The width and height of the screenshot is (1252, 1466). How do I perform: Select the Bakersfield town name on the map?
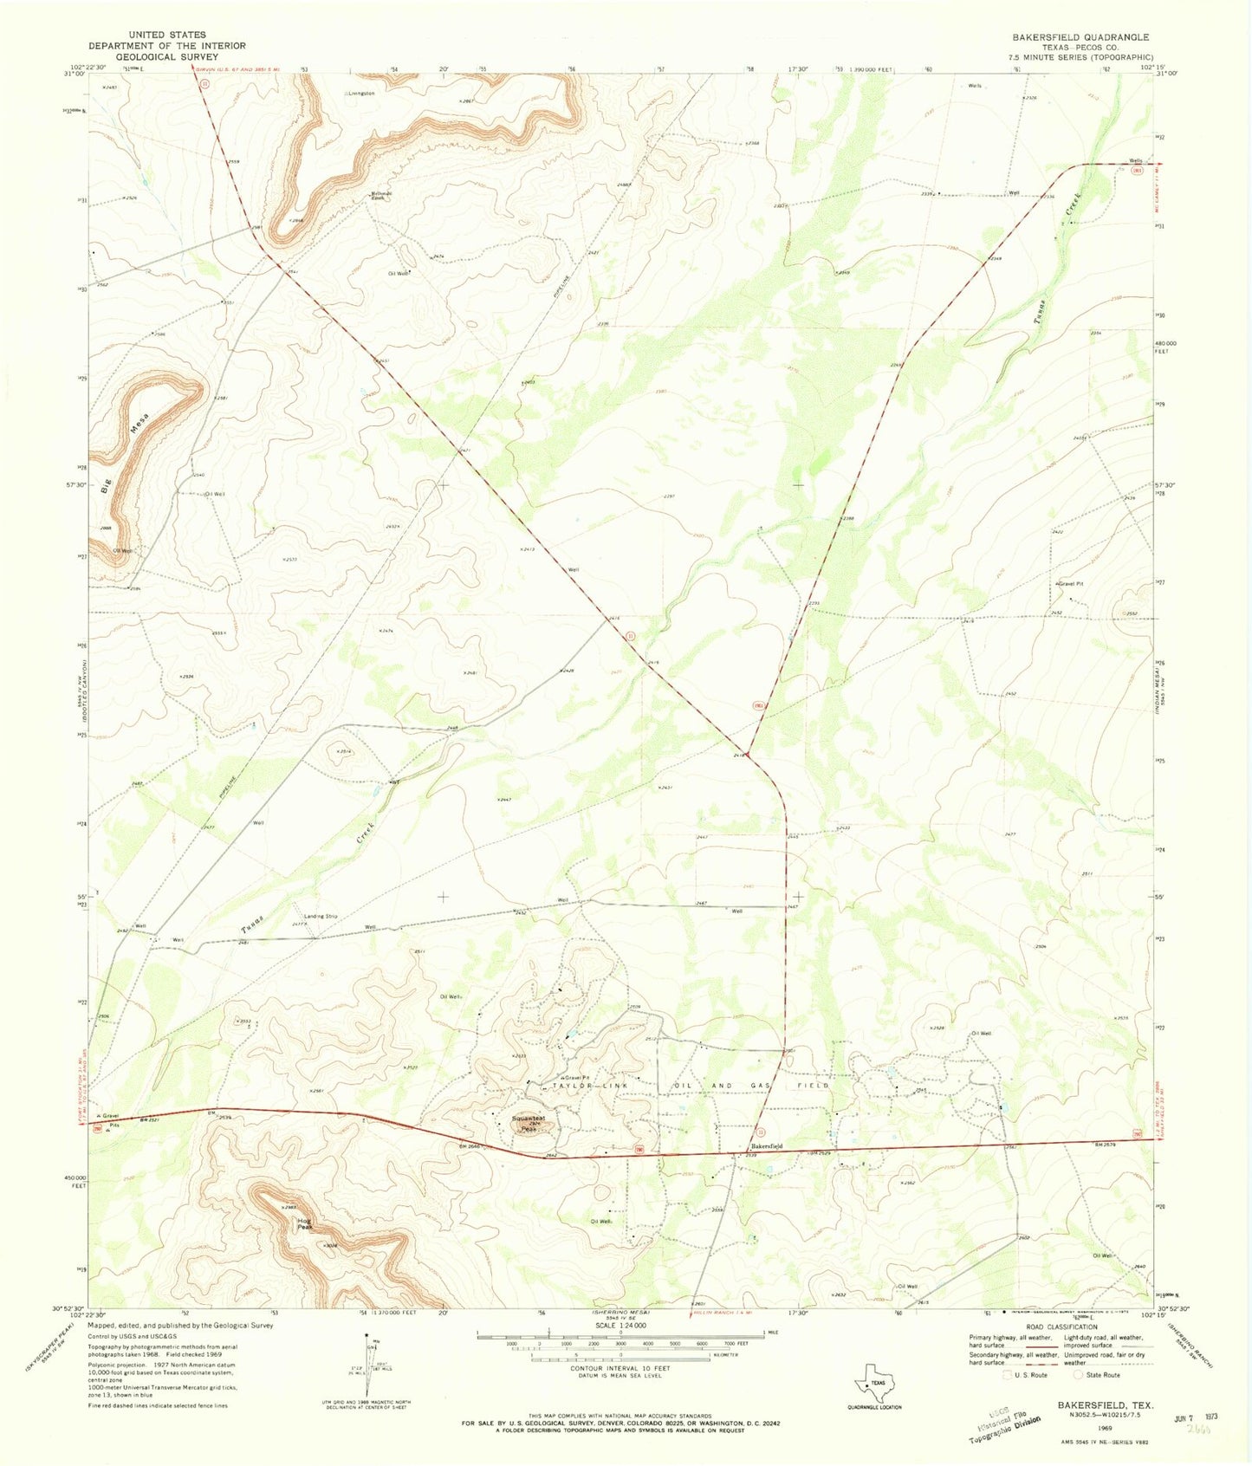tap(766, 1146)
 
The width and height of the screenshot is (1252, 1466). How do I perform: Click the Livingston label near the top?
tap(361, 93)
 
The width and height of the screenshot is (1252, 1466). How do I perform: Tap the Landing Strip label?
tap(320, 916)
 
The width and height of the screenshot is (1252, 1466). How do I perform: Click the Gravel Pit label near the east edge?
tap(1071, 583)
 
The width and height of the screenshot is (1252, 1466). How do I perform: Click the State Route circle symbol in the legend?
tap(1079, 1374)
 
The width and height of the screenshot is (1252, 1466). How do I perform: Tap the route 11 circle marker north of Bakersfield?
tap(760, 1132)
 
